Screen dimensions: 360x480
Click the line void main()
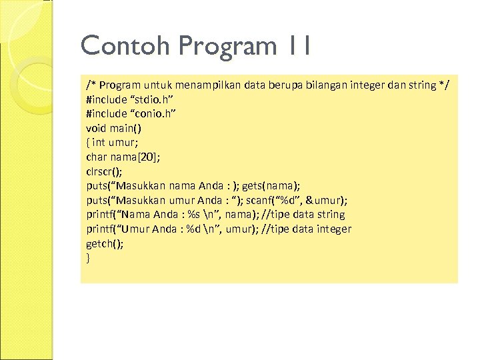113,128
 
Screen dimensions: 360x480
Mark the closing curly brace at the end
88,257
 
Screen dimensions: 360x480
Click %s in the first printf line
195,215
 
